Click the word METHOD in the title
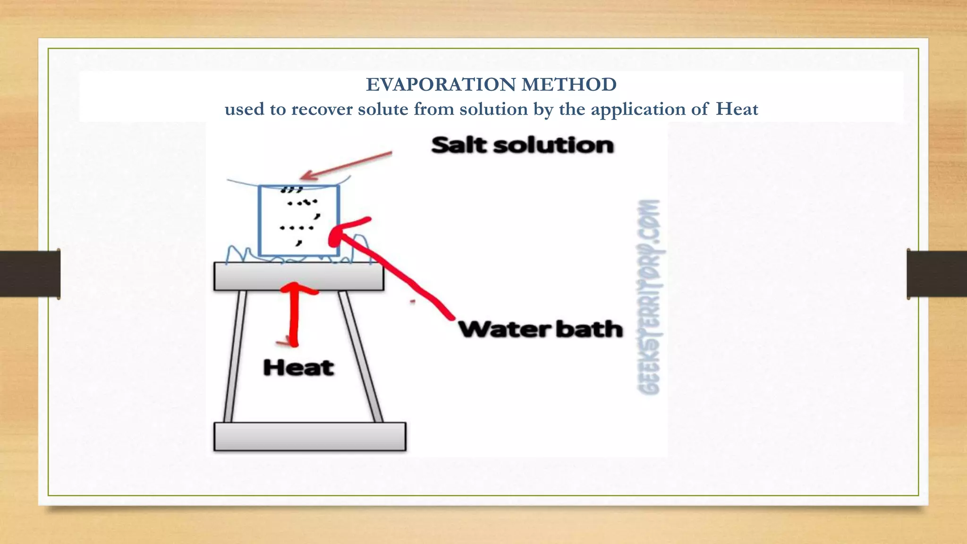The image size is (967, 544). (569, 85)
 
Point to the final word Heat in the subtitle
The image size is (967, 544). (737, 109)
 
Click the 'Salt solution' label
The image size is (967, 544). (522, 145)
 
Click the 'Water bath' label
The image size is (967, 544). (541, 329)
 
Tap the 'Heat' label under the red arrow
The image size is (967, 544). (299, 367)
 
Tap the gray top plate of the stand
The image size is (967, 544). (298, 276)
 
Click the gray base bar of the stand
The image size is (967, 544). (310, 436)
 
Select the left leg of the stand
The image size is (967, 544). (235, 357)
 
